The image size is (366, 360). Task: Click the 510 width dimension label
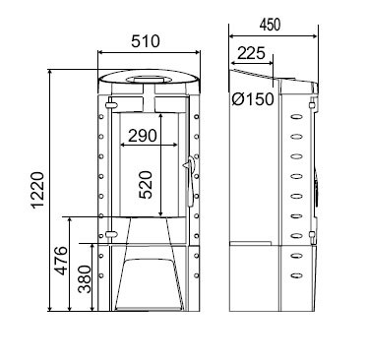[146, 42]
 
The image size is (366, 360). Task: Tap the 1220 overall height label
[37, 190]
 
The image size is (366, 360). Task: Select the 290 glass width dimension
[143, 136]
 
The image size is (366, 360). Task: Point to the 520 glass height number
[146, 185]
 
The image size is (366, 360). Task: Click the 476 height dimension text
[61, 261]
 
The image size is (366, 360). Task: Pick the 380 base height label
[84, 279]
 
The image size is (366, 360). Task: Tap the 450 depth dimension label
[270, 25]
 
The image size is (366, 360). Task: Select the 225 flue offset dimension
[251, 53]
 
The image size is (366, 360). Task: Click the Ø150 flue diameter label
[252, 99]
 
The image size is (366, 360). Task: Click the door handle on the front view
[190, 181]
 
